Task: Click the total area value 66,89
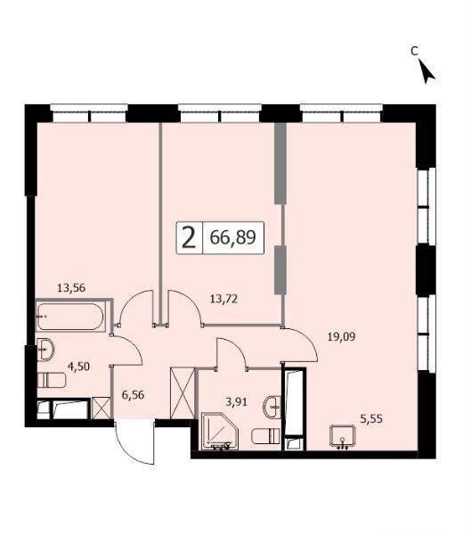point(232,237)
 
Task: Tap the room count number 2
point(189,238)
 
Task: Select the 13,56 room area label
point(71,288)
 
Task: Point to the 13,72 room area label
point(223,300)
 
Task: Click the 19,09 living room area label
point(341,337)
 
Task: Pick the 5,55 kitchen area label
point(371,418)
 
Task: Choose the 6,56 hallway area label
point(133,395)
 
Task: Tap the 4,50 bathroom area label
point(78,367)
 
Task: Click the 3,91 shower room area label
point(236,401)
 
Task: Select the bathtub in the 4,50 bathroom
point(70,317)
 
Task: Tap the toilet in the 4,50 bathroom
point(52,380)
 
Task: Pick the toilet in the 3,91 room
point(266,436)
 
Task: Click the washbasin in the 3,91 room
point(272,407)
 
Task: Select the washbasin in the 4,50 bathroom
point(45,350)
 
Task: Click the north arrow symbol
point(427,71)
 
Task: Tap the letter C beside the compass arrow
point(414,51)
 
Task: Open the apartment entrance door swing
point(134,441)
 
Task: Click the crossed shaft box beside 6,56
point(183,392)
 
